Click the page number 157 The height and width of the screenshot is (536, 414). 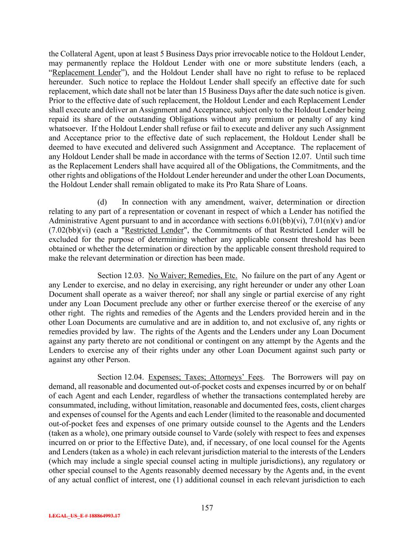click(x=207, y=508)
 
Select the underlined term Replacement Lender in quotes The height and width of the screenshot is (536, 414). click(x=86, y=73)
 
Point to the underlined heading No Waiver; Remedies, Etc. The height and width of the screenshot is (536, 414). click(x=193, y=276)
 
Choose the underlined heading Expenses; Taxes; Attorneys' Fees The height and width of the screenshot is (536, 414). click(x=206, y=377)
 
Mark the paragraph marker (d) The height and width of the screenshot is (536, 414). click(x=102, y=202)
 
